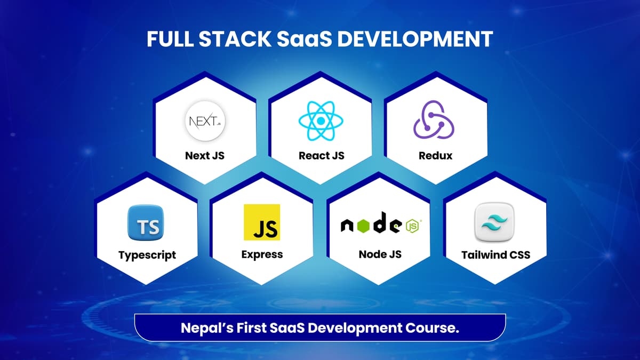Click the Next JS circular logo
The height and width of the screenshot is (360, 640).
coord(205,122)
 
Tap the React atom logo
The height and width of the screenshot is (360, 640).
coord(321,122)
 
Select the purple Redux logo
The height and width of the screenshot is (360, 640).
coord(434,122)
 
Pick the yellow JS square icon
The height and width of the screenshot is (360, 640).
coord(261,222)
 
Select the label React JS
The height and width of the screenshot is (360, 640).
coord(322,156)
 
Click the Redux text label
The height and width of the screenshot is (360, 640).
coord(436,156)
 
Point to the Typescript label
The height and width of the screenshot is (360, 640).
coord(147,255)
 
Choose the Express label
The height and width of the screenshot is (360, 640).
coord(262,254)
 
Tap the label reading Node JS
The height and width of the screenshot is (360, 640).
coord(380,254)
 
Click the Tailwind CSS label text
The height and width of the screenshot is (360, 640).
coord(495,254)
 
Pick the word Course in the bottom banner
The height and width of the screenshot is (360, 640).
coord(433,328)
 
